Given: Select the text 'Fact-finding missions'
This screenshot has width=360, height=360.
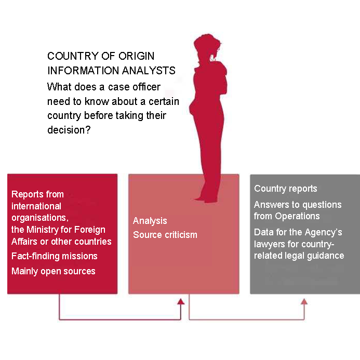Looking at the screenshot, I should tap(55, 256).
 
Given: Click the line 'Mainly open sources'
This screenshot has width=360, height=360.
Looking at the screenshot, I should tap(54, 271).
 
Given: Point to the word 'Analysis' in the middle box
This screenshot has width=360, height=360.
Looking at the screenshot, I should tap(150, 221).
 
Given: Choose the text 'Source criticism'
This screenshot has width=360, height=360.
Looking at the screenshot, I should tap(165, 235).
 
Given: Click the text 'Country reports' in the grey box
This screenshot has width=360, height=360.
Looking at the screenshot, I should tap(286, 189).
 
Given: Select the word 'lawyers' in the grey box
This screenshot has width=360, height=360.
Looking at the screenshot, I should tap(269, 244).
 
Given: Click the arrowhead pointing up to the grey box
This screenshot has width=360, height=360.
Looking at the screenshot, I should tap(304, 302).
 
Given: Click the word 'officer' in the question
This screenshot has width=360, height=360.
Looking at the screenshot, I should tap(144, 87).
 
